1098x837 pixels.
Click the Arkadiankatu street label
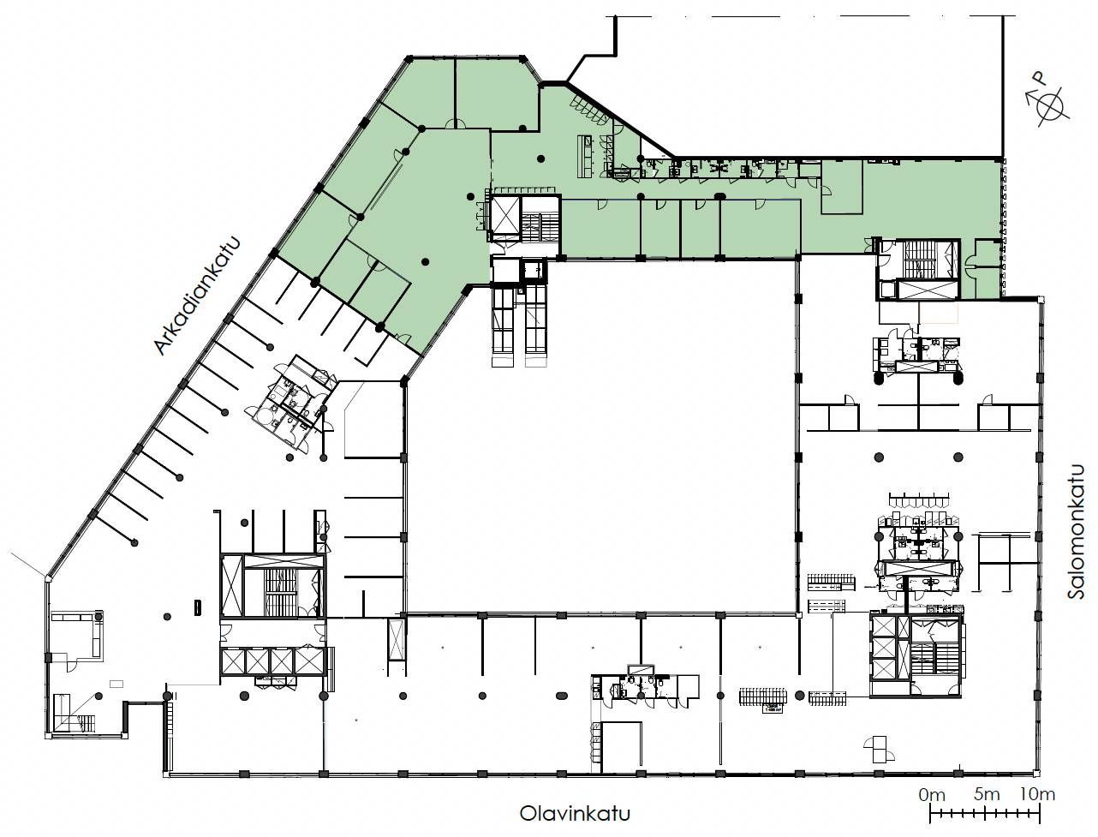point(197,296)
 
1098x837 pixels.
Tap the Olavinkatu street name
point(575,814)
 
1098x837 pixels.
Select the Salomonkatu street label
point(1076,531)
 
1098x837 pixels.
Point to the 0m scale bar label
point(932,794)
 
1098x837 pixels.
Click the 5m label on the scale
point(987,794)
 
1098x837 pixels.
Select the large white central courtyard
point(600,435)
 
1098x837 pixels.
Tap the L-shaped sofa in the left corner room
point(79,631)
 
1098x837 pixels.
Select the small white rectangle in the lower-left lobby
point(116,683)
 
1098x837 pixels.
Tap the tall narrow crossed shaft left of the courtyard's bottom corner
point(397,640)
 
